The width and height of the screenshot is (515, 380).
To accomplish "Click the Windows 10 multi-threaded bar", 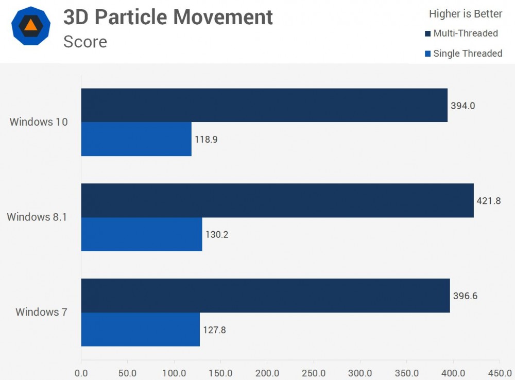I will click(x=264, y=105).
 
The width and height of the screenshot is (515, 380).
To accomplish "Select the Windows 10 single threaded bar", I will click(x=136, y=139).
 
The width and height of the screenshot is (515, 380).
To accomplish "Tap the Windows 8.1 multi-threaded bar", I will click(x=277, y=200).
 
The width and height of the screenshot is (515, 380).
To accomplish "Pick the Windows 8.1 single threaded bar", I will click(x=142, y=234).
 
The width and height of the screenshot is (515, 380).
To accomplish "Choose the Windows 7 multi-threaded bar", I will click(x=265, y=296).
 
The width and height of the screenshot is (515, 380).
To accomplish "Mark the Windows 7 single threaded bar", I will click(x=141, y=330).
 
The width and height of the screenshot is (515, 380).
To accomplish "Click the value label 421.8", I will click(x=489, y=201).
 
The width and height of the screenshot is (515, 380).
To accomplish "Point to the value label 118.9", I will click(x=206, y=140).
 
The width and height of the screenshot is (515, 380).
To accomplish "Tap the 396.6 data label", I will click(x=465, y=296).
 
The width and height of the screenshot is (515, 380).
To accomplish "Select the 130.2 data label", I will click(x=217, y=235).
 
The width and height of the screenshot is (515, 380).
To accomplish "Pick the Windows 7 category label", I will click(x=41, y=312).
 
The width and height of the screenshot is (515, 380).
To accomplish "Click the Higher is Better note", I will click(x=466, y=14).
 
